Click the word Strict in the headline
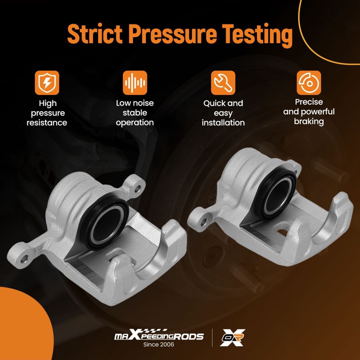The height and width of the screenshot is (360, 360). (95, 34)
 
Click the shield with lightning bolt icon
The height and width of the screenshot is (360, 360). (47, 83)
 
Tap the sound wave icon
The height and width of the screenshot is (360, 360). (135, 83)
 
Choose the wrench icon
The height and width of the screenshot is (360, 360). (223, 83)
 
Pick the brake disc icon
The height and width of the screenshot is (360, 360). (309, 83)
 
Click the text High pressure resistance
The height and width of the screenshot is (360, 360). (47, 113)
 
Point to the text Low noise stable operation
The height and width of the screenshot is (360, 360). (135, 113)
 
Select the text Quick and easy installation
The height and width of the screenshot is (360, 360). (223, 113)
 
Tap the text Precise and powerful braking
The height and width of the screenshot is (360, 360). (309, 112)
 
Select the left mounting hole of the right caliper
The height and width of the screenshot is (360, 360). (203, 222)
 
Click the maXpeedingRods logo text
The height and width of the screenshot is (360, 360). (159, 335)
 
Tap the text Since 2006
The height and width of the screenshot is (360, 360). (159, 345)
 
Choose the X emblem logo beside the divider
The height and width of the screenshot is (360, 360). (232, 338)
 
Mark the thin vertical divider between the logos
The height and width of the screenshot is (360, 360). (212, 338)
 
